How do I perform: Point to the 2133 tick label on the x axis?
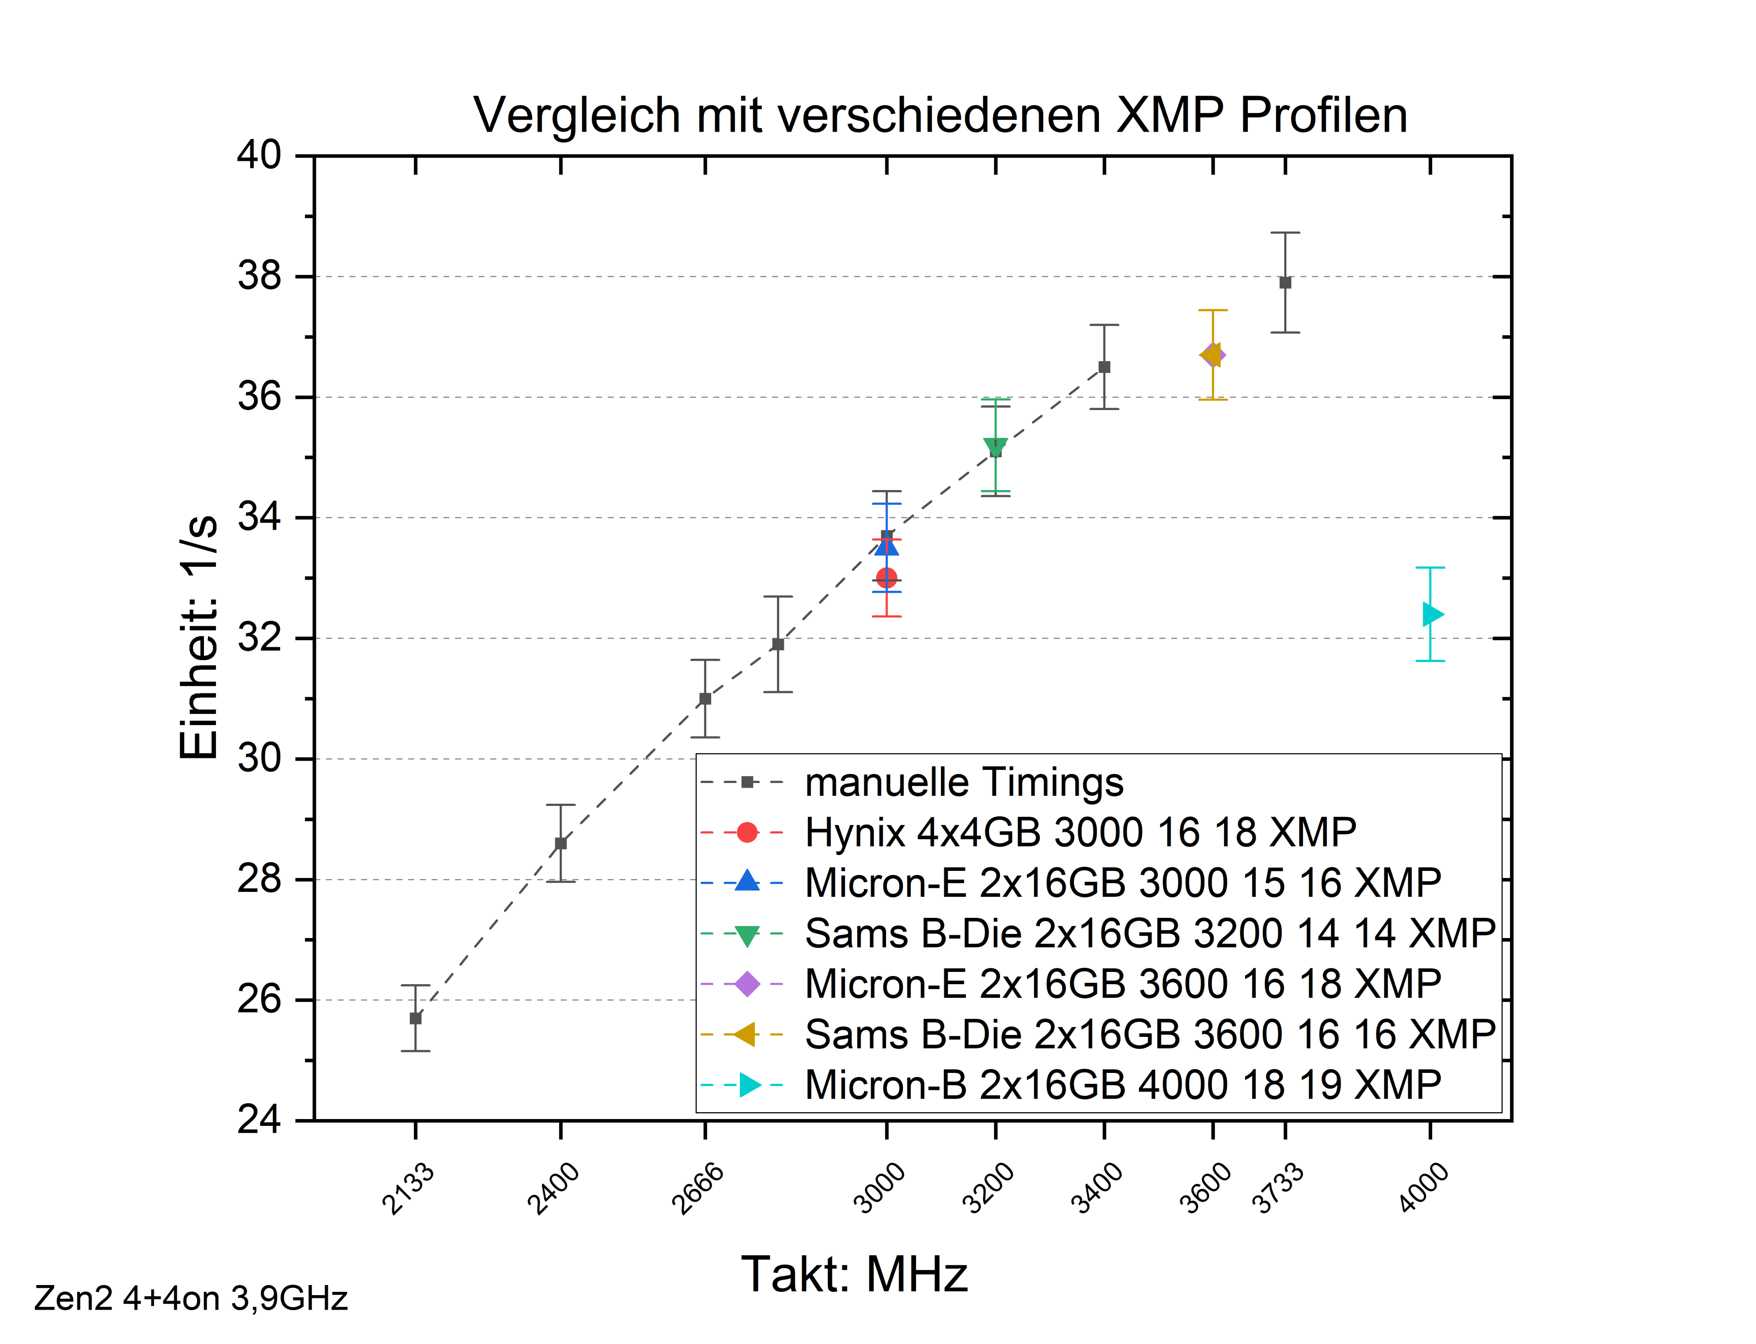pos(408,1189)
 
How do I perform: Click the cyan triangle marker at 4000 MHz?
pos(1432,614)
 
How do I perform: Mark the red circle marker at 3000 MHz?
pos(886,578)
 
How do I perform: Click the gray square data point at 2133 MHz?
pos(415,1019)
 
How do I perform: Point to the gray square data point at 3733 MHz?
pos(1285,283)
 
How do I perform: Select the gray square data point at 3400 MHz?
pos(1104,367)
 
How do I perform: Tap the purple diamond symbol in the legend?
pos(747,984)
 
